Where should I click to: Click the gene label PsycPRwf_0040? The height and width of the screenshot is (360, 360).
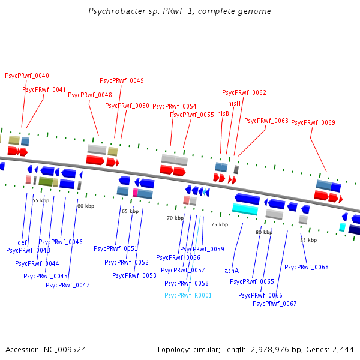(27, 76)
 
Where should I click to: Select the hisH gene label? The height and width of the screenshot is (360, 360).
(234, 103)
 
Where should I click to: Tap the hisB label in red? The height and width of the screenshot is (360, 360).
(223, 113)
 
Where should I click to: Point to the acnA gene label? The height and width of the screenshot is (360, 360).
(232, 271)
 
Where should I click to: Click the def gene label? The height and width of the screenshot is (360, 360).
(22, 242)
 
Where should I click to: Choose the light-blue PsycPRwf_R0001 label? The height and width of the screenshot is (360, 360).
(188, 295)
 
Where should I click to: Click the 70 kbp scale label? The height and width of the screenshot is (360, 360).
(175, 218)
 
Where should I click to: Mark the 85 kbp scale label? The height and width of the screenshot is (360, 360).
(308, 240)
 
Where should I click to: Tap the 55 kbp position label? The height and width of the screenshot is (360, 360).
(41, 200)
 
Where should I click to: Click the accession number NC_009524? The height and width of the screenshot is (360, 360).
(65, 350)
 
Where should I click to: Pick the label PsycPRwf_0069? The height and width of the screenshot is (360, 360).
(313, 122)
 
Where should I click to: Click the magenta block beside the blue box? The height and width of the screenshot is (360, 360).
(135, 193)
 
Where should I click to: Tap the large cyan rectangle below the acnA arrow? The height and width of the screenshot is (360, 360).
(245, 209)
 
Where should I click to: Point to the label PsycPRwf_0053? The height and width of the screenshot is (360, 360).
(134, 275)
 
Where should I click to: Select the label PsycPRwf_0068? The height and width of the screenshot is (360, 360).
(307, 267)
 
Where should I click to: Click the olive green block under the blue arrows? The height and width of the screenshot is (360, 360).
(46, 182)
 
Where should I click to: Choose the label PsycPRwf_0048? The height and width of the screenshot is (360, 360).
(90, 95)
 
